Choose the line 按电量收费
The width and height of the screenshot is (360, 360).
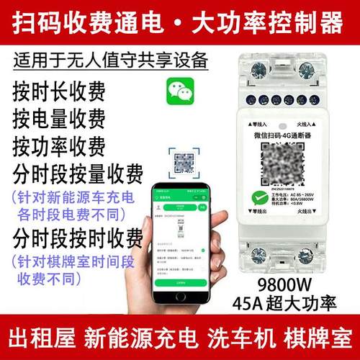[58, 118]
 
